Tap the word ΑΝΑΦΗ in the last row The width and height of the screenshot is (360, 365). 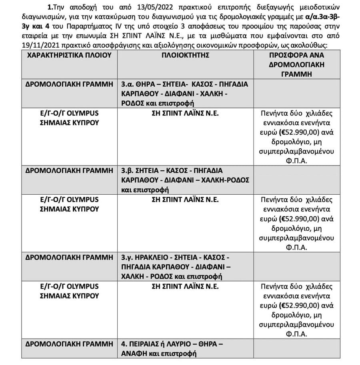[x=135, y=353]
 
